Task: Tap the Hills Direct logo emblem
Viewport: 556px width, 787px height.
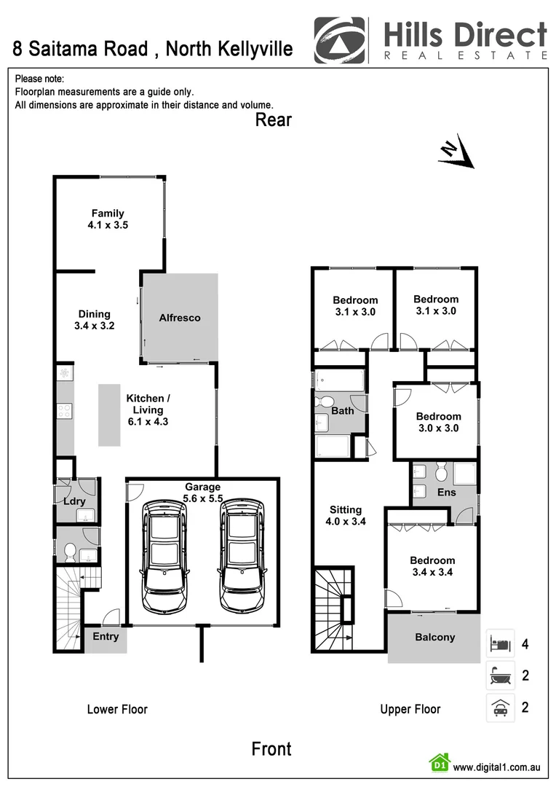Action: pos(339,39)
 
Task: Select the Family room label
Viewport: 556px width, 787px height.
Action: pos(107,219)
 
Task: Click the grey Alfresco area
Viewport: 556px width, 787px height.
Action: pos(180,317)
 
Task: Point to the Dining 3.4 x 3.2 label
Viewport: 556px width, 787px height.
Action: pos(94,320)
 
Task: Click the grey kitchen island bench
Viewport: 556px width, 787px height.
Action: pos(109,415)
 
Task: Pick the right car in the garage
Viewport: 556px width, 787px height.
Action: pos(241,555)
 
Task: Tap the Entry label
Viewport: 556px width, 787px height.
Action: pos(106,636)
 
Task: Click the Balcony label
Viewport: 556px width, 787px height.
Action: pos(434,637)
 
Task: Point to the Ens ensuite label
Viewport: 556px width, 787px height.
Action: pos(446,493)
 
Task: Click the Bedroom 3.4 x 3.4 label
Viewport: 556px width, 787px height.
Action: pos(432,566)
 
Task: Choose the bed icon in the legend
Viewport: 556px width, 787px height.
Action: pos(500,644)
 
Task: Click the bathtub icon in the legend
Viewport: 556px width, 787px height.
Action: pos(500,676)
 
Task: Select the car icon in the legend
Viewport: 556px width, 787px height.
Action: pos(500,708)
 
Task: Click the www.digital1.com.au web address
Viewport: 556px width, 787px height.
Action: pos(496,767)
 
